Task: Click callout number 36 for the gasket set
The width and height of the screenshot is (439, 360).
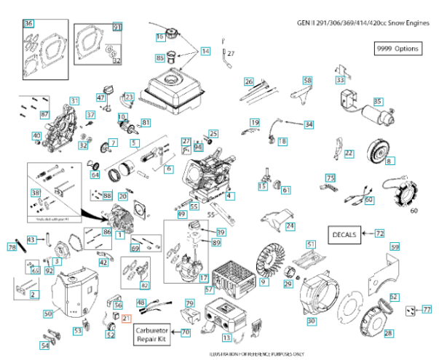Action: tap(28, 24)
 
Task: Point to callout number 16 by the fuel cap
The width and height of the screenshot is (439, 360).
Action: tap(159, 36)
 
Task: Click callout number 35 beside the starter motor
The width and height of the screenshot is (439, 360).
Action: tap(378, 101)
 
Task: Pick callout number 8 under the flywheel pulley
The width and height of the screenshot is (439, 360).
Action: tap(389, 161)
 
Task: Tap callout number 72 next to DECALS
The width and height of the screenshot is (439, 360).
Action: tap(379, 234)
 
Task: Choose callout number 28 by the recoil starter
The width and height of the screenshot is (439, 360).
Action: tap(388, 333)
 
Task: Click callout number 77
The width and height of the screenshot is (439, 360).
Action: tap(427, 310)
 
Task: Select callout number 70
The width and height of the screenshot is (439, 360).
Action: tap(186, 332)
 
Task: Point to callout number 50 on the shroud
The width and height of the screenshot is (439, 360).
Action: tap(48, 313)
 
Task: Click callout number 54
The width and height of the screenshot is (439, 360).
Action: tap(45, 345)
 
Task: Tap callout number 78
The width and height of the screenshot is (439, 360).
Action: tap(12, 248)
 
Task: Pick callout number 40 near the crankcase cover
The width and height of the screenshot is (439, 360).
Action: tap(36, 136)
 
